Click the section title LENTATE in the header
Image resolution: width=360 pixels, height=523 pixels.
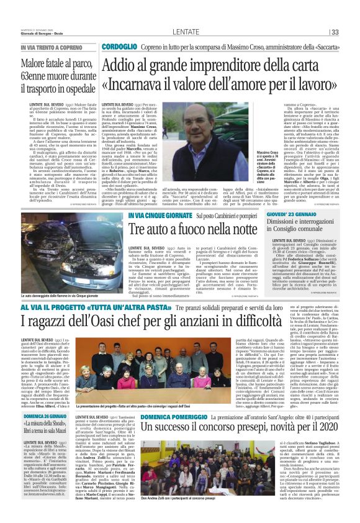186,32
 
